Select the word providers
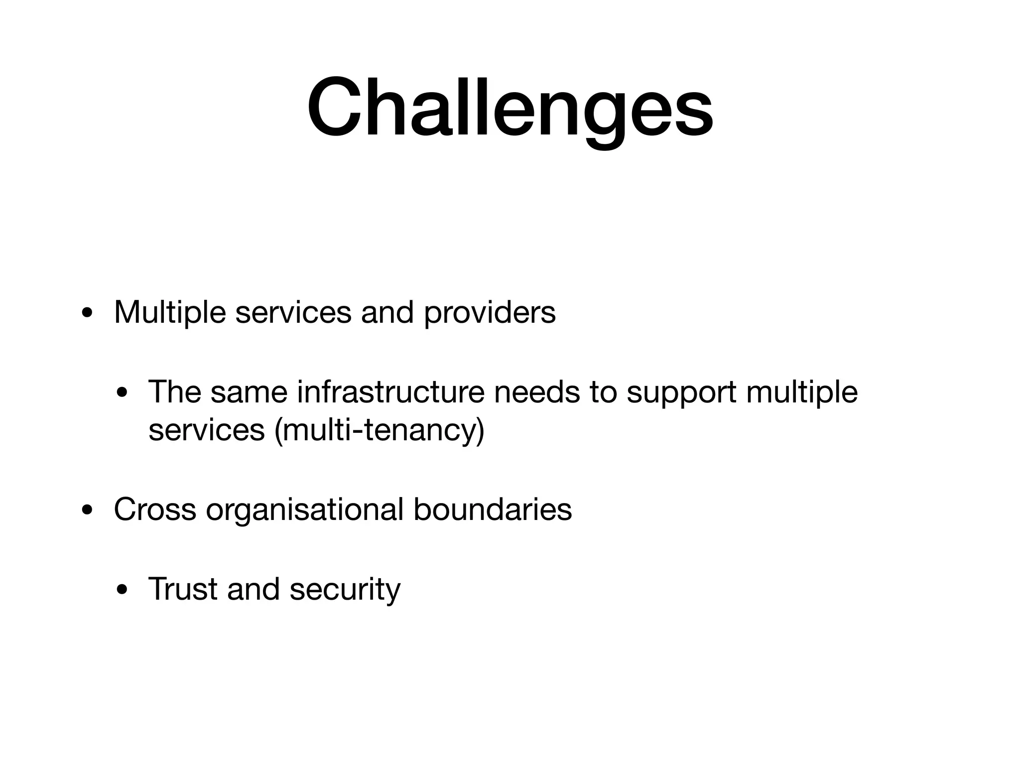(490, 313)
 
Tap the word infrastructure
(390, 392)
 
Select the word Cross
(155, 510)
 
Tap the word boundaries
(492, 510)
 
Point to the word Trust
(183, 589)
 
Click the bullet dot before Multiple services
(88, 315)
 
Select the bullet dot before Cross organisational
(88, 511)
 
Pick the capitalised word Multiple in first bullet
(170, 313)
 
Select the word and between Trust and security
(253, 589)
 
